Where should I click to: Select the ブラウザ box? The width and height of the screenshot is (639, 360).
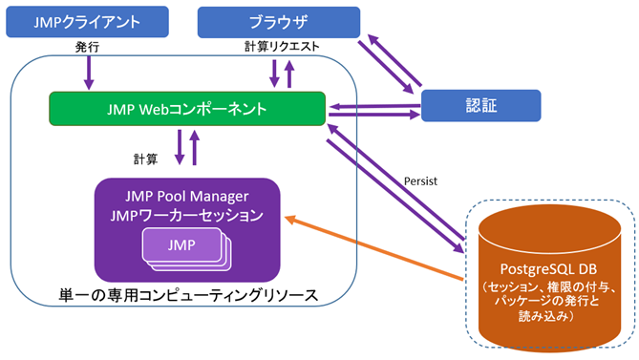click(x=279, y=22)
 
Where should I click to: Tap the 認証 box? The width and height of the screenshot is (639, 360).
click(x=480, y=106)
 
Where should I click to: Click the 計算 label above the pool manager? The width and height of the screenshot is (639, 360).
click(x=145, y=158)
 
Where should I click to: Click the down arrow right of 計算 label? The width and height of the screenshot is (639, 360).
click(x=179, y=146)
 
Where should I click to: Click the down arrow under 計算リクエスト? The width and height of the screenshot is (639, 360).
click(x=274, y=73)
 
